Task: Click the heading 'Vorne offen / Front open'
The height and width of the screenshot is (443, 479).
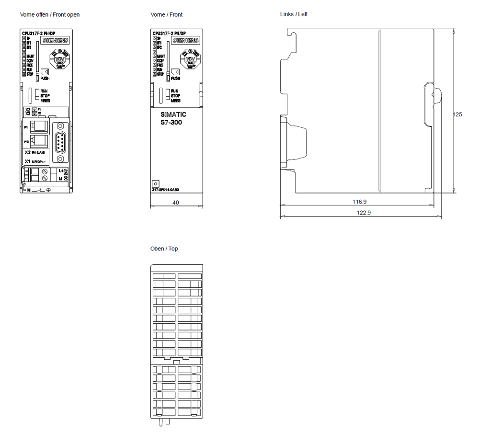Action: (50, 15)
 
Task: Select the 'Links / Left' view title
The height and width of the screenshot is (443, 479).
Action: (294, 14)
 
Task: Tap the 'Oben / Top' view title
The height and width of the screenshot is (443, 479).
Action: (164, 249)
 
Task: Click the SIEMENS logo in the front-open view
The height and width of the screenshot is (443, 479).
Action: (57, 41)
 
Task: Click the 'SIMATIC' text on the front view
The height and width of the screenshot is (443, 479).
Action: (173, 115)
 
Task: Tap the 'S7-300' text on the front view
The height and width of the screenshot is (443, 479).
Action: (171, 123)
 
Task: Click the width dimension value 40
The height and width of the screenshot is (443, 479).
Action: (176, 203)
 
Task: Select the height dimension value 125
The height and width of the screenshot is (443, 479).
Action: (457, 114)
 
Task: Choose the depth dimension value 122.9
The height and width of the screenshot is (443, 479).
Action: (364, 213)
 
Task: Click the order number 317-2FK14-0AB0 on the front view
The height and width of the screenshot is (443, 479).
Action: (166, 190)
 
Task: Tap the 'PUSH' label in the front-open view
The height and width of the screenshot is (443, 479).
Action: (45, 79)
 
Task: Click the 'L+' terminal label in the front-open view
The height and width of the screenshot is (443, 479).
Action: (61, 170)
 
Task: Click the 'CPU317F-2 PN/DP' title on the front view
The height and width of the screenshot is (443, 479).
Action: (169, 33)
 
